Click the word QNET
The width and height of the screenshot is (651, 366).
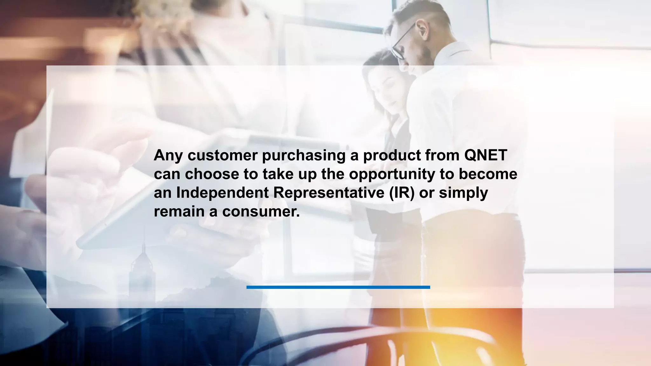pos(485,155)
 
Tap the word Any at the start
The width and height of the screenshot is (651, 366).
pos(168,156)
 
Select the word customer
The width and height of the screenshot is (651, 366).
pos(223,155)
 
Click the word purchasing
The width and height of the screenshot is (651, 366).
pos(304,156)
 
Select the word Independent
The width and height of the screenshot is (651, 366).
pos(223,193)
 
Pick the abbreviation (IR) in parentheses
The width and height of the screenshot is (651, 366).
pos(402,193)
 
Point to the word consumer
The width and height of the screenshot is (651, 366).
pos(261,212)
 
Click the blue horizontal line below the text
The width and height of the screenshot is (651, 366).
pos(338,287)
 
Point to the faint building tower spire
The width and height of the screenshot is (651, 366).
pos(144,245)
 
